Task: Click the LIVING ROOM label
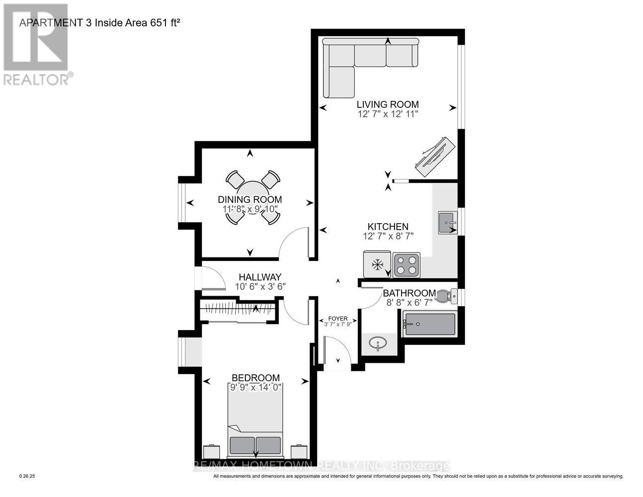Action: click(x=388, y=104)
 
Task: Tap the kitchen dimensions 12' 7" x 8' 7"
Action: click(x=388, y=236)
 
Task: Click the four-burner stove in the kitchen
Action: click(x=406, y=265)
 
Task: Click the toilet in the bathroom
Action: click(x=450, y=297)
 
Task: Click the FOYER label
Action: click(x=338, y=319)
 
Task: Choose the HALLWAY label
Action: click(x=260, y=277)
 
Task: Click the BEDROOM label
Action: click(x=255, y=378)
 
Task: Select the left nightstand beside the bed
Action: click(x=211, y=452)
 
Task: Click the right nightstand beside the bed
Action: click(x=299, y=452)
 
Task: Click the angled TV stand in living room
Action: click(x=431, y=156)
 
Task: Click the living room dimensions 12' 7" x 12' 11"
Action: click(x=388, y=114)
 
